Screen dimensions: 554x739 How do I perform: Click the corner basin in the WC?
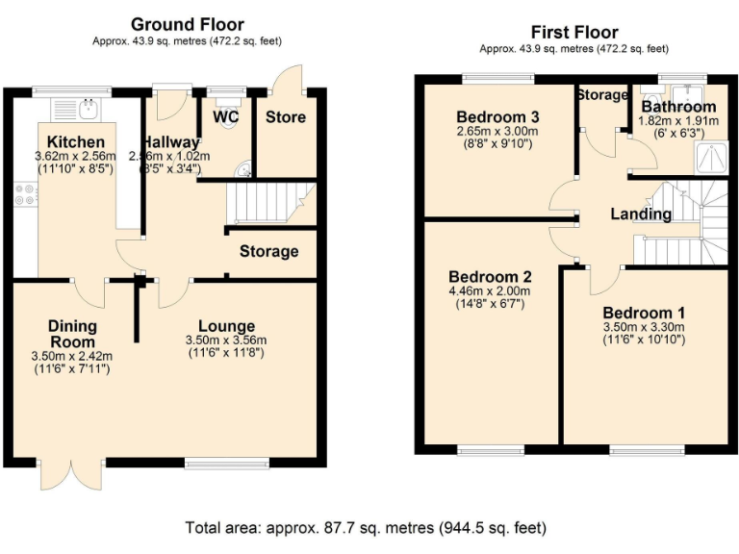click(244, 171)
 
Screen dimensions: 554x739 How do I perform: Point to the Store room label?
click(285, 117)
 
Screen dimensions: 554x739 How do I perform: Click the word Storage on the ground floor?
click(268, 252)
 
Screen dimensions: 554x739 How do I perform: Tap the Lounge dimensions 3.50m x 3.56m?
click(226, 340)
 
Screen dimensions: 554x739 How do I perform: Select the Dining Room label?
click(72, 334)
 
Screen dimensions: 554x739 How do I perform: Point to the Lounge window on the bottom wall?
click(215, 463)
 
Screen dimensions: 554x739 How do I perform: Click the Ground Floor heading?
click(187, 24)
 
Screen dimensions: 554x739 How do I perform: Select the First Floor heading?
click(574, 32)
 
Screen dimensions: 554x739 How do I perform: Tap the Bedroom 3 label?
click(496, 108)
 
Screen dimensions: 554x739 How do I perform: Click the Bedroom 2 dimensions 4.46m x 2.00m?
click(488, 291)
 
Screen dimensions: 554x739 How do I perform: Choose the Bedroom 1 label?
click(644, 314)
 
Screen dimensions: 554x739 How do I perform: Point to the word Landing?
click(641, 214)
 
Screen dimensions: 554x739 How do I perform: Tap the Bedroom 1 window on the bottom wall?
click(647, 450)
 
